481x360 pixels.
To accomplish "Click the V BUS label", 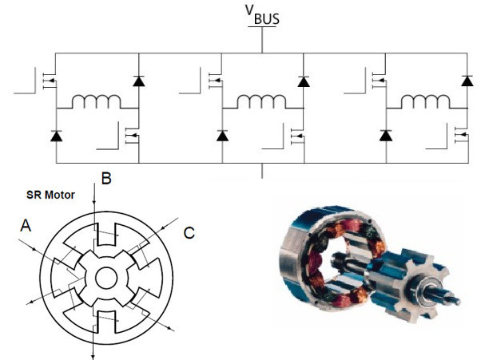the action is pyautogui.click(x=262, y=14).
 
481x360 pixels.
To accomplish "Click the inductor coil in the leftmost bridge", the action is pyautogui.click(x=97, y=101).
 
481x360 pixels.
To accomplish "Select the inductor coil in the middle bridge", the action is pyautogui.click(x=261, y=101).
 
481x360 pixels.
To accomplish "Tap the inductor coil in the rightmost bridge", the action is pyautogui.click(x=426, y=101).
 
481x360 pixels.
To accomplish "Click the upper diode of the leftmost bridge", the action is pyautogui.click(x=139, y=81).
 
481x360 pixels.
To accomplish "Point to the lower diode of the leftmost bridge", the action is pyautogui.click(x=56, y=136).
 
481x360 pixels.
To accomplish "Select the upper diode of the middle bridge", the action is pyautogui.click(x=304, y=81).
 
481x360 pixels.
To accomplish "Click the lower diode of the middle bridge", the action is pyautogui.click(x=222, y=136).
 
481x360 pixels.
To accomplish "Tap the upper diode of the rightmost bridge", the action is pyautogui.click(x=467, y=81).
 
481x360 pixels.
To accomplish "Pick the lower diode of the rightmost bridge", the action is pyautogui.click(x=386, y=136).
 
